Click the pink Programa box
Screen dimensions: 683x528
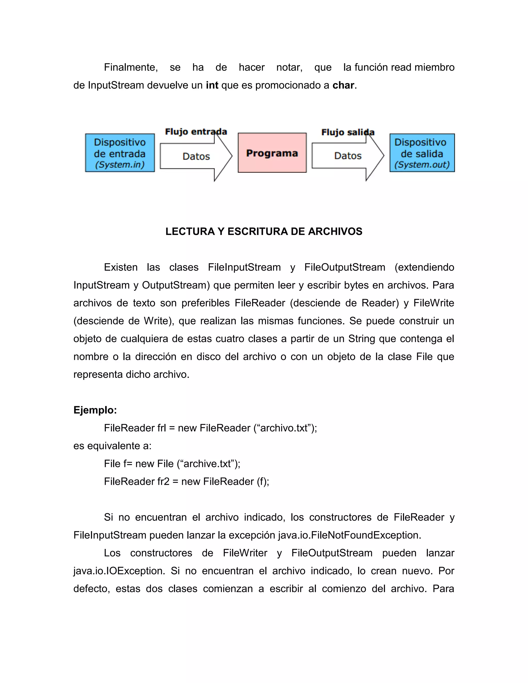[x=272, y=153]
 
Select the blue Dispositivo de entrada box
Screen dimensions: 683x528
[x=120, y=153]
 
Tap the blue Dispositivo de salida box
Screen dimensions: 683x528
[x=422, y=153]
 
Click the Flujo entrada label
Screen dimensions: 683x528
[x=196, y=132]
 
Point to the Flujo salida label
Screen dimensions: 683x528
[x=348, y=132]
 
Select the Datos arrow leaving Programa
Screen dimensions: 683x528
[x=348, y=156]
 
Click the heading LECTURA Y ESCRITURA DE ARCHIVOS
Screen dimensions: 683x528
[x=264, y=231]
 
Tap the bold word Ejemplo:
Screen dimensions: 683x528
[x=95, y=410]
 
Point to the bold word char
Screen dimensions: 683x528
[x=343, y=85]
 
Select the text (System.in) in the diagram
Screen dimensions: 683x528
[x=120, y=165]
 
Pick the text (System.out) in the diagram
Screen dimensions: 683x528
[x=422, y=165]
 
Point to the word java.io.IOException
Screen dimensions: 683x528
[x=119, y=571]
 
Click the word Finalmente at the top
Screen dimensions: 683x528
[x=130, y=67]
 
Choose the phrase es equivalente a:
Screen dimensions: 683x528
[x=112, y=446]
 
